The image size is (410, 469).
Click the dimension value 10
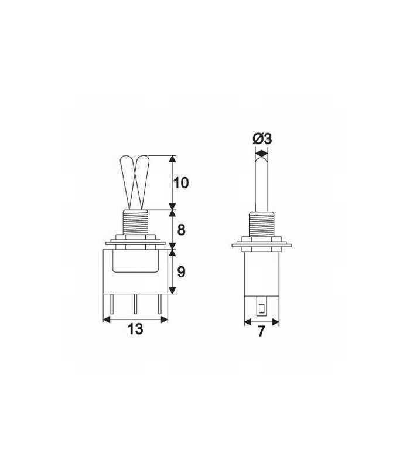coord(182,183)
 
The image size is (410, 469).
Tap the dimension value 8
coord(182,230)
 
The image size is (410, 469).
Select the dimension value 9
coord(182,272)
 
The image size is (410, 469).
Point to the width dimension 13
coord(135,329)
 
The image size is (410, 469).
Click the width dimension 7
coord(261,331)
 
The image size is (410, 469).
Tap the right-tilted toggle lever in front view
coord(143,179)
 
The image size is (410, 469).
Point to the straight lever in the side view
coord(261,182)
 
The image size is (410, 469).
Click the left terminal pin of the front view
coord(112,304)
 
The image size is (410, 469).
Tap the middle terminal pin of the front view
coord(135,304)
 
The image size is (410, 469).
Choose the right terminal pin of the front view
coord(159,304)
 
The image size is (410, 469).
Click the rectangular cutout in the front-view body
coord(135,261)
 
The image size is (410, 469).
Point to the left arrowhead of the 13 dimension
coord(107,320)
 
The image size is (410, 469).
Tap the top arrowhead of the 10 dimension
coord(172,159)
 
